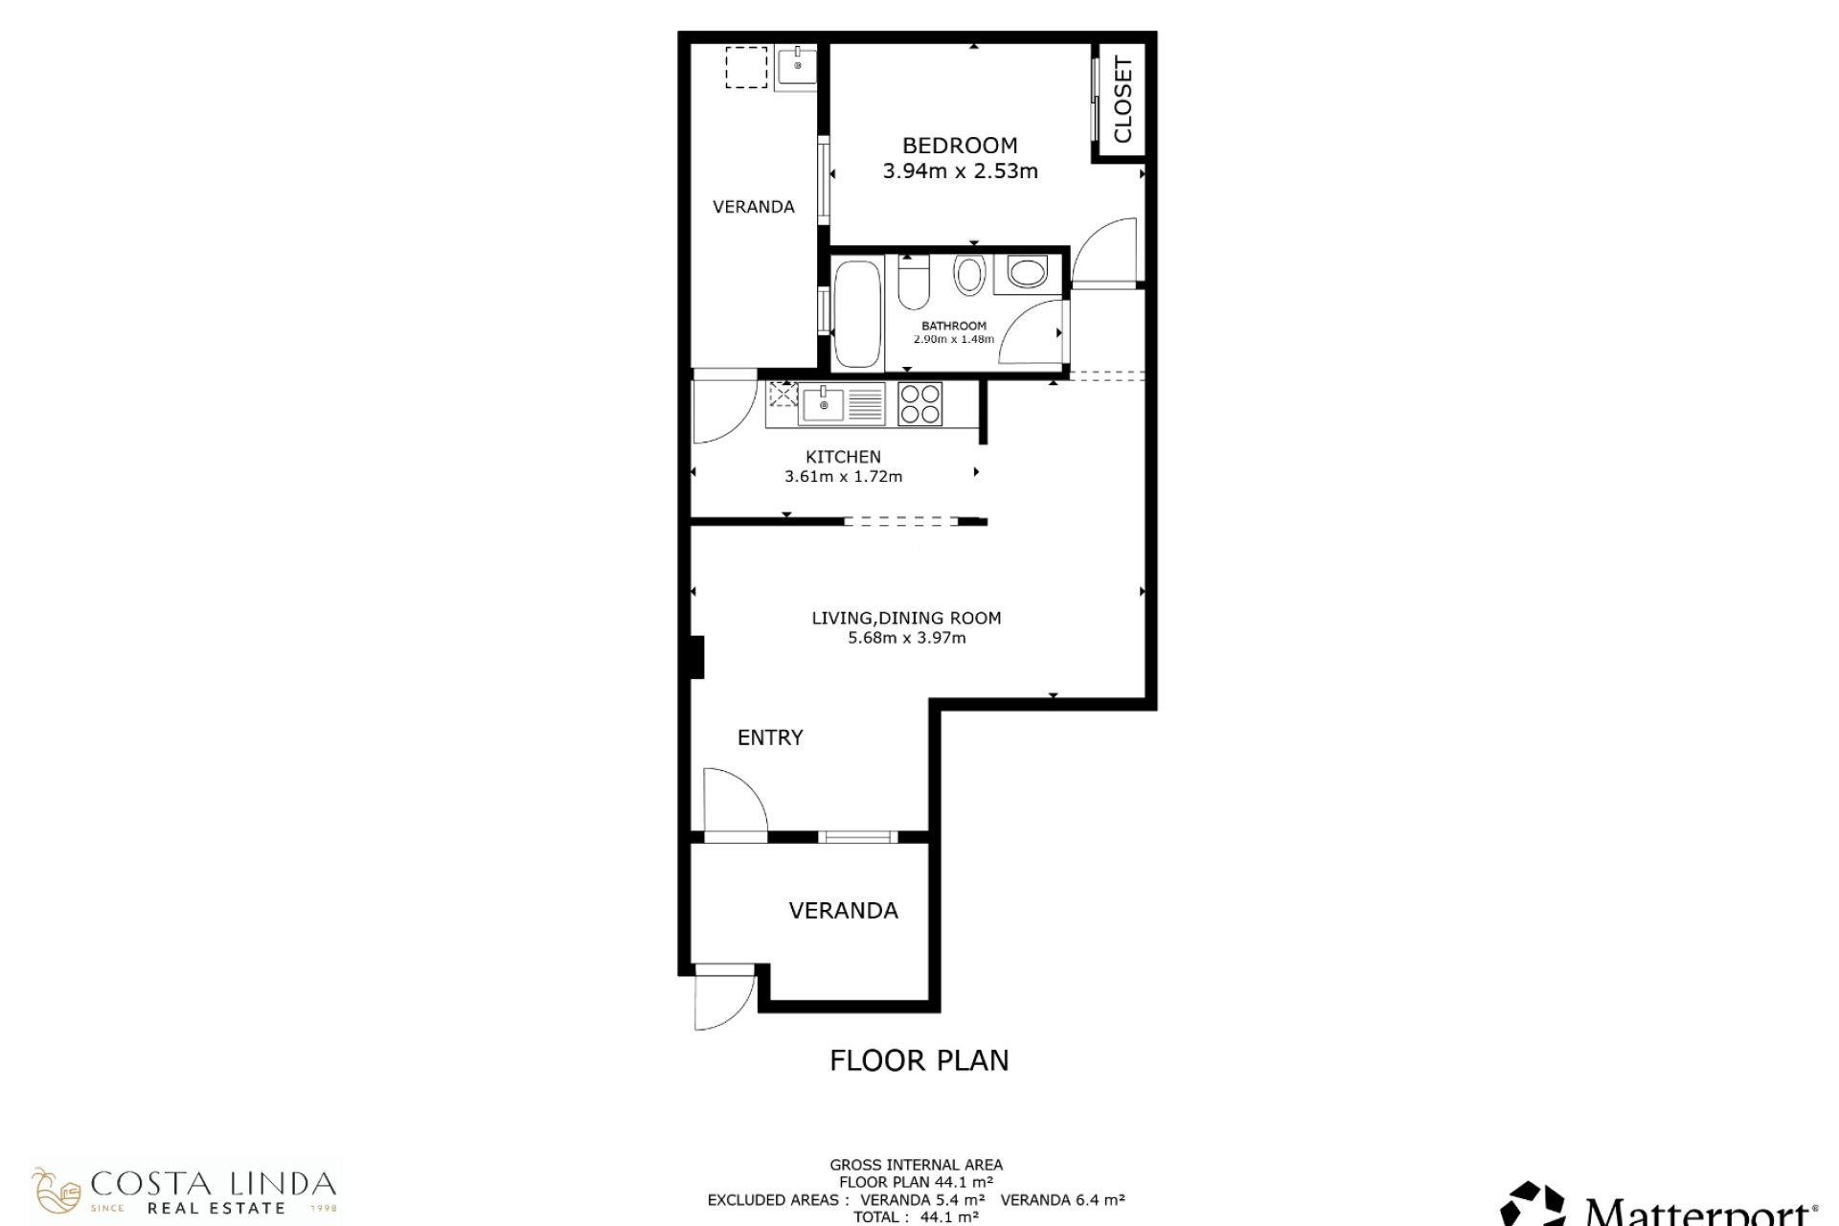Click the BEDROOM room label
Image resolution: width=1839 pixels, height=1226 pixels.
[x=960, y=146]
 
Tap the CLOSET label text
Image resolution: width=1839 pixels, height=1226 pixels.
[x=1124, y=100]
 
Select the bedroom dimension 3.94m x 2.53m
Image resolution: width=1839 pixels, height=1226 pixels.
[x=960, y=171]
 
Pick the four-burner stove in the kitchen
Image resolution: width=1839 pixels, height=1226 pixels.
[x=920, y=404]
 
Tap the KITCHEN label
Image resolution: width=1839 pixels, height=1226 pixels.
[x=843, y=457]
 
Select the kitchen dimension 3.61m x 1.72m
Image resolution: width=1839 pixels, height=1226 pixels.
[x=843, y=476]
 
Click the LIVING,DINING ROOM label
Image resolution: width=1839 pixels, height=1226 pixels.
[x=906, y=619]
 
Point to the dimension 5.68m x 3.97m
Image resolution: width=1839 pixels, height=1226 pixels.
[x=906, y=638]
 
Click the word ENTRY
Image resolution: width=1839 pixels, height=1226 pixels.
[x=770, y=738]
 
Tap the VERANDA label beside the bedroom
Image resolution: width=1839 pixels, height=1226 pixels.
[x=754, y=207]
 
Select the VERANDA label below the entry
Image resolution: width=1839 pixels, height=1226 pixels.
[x=843, y=911]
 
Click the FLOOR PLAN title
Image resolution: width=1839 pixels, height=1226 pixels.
[x=919, y=1060]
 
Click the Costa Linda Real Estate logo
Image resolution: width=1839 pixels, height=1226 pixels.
[x=185, y=1192]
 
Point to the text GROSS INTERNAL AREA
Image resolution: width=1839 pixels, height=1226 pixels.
[x=917, y=1166]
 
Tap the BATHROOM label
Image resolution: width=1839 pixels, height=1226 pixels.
[x=954, y=326]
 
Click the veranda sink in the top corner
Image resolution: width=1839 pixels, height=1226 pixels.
[x=795, y=68]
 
